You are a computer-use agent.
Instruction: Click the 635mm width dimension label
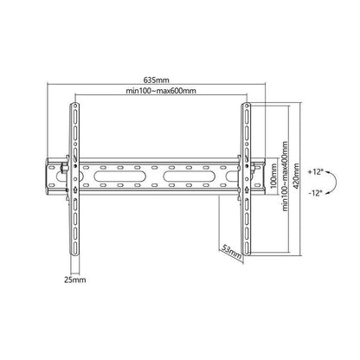(156, 80)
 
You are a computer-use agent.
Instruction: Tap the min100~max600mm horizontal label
(161, 91)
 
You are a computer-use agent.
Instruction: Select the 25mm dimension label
(75, 280)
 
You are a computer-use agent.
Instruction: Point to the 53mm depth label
(231, 251)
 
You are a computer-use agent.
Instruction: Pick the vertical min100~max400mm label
(286, 177)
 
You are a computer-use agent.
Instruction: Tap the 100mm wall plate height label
(273, 176)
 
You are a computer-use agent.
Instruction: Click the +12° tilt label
(315, 172)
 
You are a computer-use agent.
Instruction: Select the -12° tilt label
(315, 193)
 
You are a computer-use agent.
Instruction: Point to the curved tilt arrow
(337, 183)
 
